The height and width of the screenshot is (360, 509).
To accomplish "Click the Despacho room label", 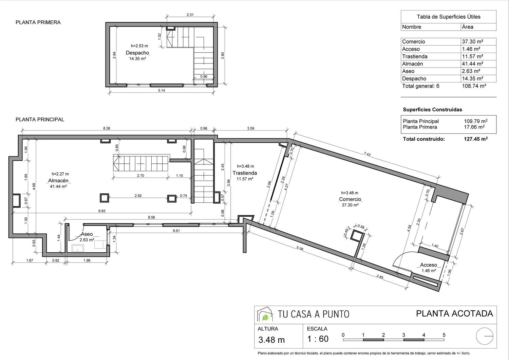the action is click(x=137, y=53).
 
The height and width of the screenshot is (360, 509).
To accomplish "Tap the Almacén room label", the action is click(x=58, y=181).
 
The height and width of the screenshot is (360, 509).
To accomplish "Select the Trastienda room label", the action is click(x=245, y=173).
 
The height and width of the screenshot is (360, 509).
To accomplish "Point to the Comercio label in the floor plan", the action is click(x=350, y=199).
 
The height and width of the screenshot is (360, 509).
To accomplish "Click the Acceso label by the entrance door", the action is click(x=429, y=265).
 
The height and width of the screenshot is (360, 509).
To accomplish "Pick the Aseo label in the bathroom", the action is click(x=87, y=234).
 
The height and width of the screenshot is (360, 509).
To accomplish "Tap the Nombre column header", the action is click(x=412, y=27).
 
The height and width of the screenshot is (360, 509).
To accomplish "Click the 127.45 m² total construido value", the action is click(x=476, y=139).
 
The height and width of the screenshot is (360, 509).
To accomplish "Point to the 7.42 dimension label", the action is click(x=367, y=155).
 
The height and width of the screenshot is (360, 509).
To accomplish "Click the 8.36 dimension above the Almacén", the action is click(x=107, y=128).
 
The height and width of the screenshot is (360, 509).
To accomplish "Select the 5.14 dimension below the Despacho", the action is click(x=162, y=91).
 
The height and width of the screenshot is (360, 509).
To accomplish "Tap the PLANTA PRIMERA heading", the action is click(x=38, y=22).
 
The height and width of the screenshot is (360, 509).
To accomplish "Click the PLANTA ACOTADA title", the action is click(x=454, y=313).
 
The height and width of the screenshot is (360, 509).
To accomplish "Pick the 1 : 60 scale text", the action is click(x=318, y=339).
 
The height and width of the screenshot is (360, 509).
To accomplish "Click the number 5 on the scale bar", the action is click(x=444, y=335).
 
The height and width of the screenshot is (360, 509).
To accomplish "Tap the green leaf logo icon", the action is click(x=265, y=317).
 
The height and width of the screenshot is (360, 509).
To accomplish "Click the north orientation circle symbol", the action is click(x=485, y=336).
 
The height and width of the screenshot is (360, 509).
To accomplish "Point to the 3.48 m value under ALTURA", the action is click(x=271, y=340).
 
